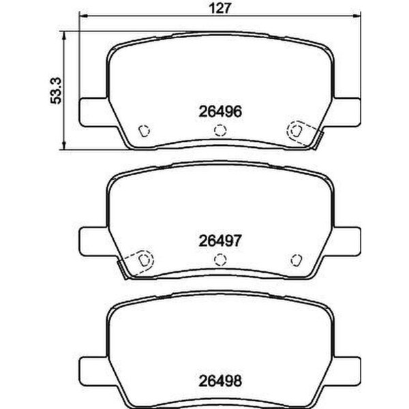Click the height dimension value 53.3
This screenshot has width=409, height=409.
click(58, 90)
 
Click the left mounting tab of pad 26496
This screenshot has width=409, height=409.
click(93, 112)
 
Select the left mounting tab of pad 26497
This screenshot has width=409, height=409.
click(93, 241)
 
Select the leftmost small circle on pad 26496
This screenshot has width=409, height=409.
click(144, 131)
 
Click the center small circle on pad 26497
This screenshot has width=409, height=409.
click(219, 259)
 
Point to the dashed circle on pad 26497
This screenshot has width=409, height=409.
click(143, 259)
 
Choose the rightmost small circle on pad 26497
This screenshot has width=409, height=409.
click(295, 259)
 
